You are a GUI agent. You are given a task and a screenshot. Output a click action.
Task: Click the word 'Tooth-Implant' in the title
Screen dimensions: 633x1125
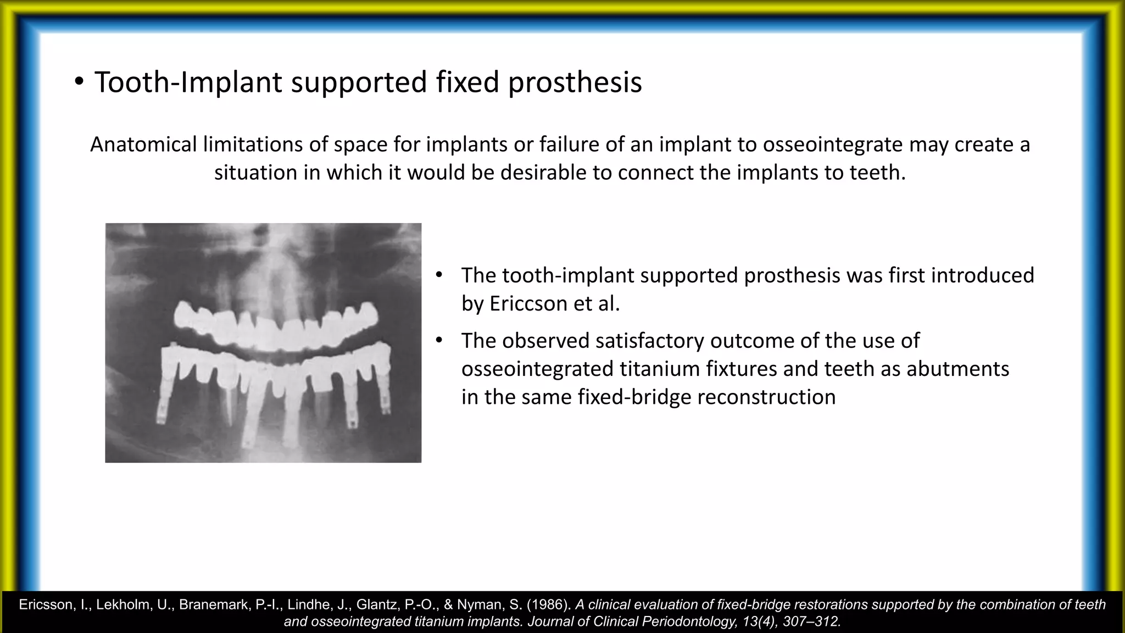pyautogui.click(x=188, y=82)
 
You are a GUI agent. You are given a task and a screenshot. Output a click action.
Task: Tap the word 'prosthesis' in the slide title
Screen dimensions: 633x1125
pyautogui.click(x=575, y=82)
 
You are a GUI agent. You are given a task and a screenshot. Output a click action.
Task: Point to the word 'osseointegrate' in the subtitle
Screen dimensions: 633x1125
pyautogui.click(x=833, y=145)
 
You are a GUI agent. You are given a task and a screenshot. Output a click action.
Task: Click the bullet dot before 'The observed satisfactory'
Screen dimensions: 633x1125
pyautogui.click(x=438, y=341)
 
